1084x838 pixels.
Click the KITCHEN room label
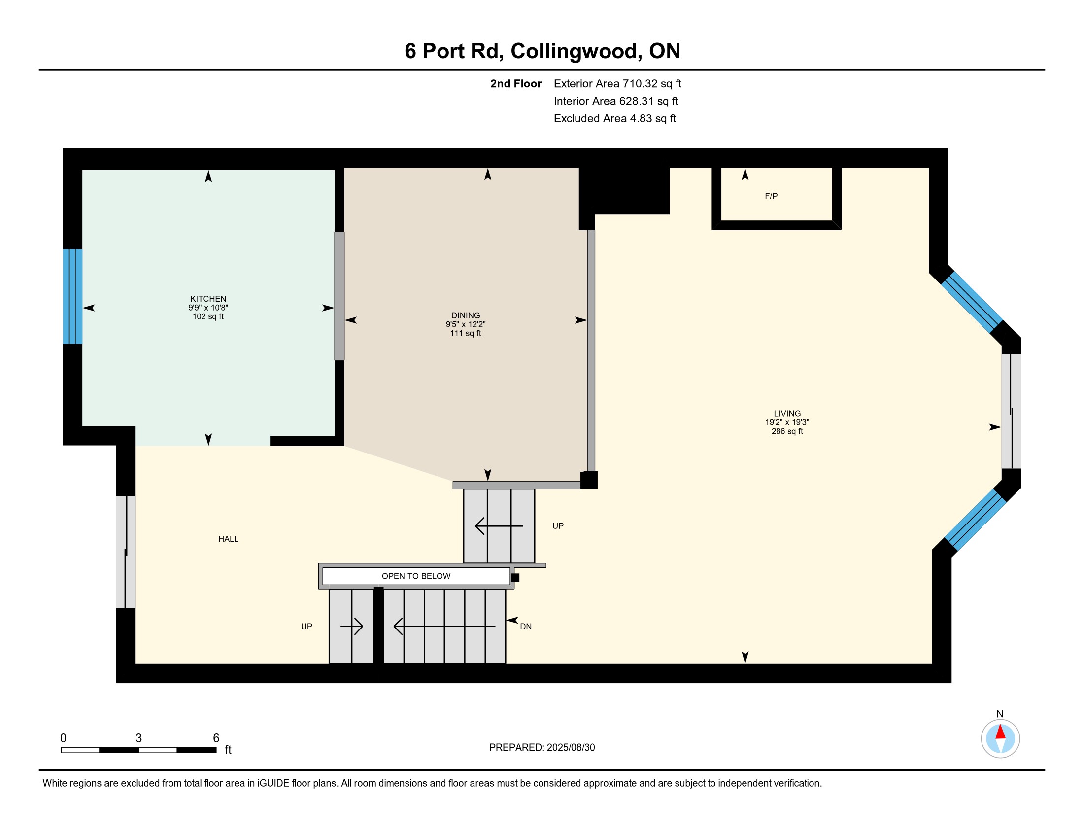pyautogui.click(x=208, y=299)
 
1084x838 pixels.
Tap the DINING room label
pyautogui.click(x=466, y=315)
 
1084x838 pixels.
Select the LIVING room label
pyautogui.click(x=787, y=413)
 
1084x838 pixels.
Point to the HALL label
pyautogui.click(x=228, y=539)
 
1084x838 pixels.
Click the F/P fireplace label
pyautogui.click(x=771, y=196)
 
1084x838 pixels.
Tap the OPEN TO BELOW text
pyautogui.click(x=416, y=576)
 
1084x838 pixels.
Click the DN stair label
pyautogui.click(x=526, y=627)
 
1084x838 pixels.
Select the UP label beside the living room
pyautogui.click(x=558, y=526)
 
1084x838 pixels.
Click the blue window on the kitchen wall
pyautogui.click(x=72, y=296)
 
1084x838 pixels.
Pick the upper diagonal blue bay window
pyautogui.click(x=972, y=301)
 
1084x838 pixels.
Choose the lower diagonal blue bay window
pyautogui.click(x=975, y=520)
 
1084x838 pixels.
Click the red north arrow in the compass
pyautogui.click(x=1000, y=732)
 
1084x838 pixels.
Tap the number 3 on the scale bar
pyautogui.click(x=138, y=738)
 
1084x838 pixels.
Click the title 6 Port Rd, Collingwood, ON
pyautogui.click(x=542, y=51)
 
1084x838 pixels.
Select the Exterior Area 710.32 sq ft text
pyautogui.click(x=617, y=84)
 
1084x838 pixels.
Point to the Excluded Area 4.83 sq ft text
pyautogui.click(x=615, y=119)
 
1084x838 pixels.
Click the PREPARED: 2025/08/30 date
pyautogui.click(x=542, y=748)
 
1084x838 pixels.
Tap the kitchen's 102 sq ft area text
pyautogui.click(x=208, y=317)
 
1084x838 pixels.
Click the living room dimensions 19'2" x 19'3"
pyautogui.click(x=787, y=422)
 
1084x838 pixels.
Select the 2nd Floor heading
pyautogui.click(x=516, y=84)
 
